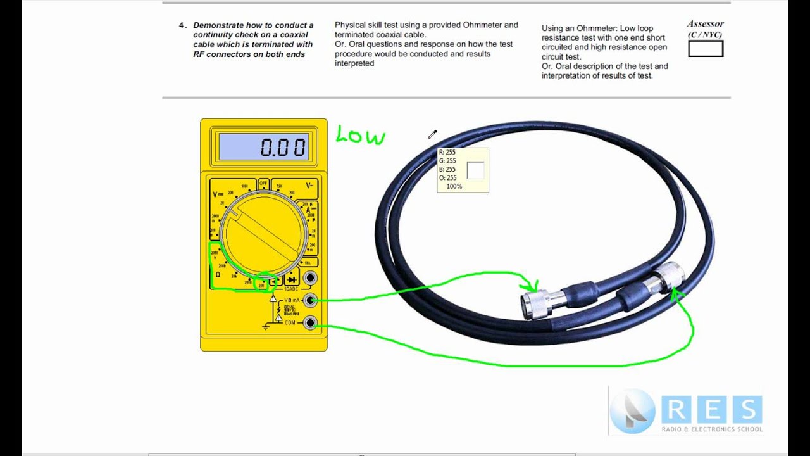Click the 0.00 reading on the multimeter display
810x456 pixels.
pyautogui.click(x=283, y=148)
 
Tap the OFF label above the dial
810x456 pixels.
pyautogui.click(x=263, y=183)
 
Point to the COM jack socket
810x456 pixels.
pyautogui.click(x=309, y=323)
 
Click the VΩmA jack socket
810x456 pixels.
pyautogui.click(x=309, y=300)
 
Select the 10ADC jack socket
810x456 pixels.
pyautogui.click(x=309, y=278)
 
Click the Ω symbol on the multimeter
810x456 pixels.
pyautogui.click(x=218, y=274)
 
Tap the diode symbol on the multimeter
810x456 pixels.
pyautogui.click(x=291, y=279)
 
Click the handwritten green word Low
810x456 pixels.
pyautogui.click(x=360, y=135)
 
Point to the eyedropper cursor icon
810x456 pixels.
pyautogui.click(x=432, y=134)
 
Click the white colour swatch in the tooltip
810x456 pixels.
pyautogui.click(x=475, y=170)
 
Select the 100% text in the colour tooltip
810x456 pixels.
pyautogui.click(x=454, y=187)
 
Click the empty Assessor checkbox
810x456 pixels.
pyautogui.click(x=706, y=49)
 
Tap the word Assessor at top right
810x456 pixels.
pyautogui.click(x=705, y=24)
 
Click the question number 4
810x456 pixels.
pyautogui.click(x=182, y=25)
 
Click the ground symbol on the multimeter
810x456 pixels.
pyautogui.click(x=266, y=326)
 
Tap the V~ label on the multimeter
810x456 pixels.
pyautogui.click(x=309, y=186)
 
